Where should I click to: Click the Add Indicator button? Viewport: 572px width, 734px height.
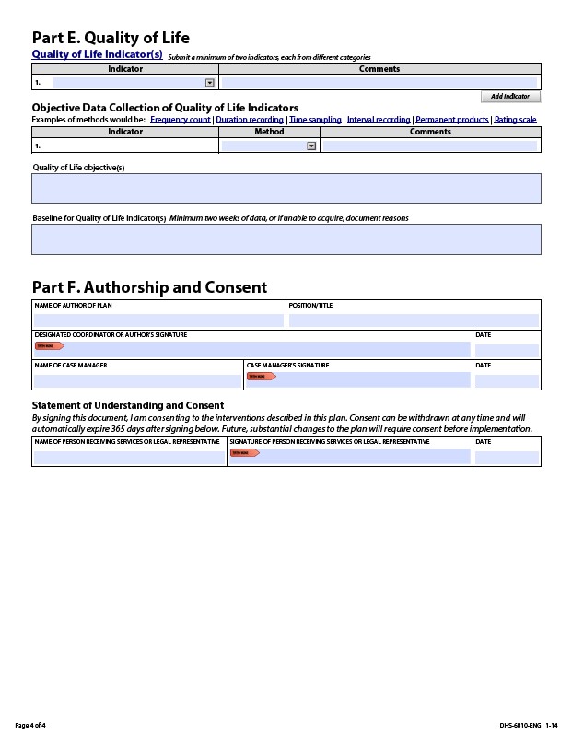(x=510, y=97)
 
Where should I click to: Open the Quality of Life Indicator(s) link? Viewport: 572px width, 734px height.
(x=97, y=54)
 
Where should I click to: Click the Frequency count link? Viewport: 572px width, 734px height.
(x=181, y=120)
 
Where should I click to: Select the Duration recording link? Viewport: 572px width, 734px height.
(x=250, y=120)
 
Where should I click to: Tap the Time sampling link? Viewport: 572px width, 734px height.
(x=315, y=120)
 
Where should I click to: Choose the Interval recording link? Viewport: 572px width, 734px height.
(x=379, y=120)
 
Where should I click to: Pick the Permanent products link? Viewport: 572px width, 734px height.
(x=451, y=120)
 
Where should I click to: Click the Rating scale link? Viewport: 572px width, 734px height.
(x=515, y=120)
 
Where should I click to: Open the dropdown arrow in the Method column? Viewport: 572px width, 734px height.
(x=311, y=146)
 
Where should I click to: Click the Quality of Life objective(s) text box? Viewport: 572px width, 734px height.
(x=286, y=188)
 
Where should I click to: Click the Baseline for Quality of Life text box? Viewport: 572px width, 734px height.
(x=286, y=239)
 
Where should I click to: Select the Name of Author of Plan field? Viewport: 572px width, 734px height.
(x=158, y=320)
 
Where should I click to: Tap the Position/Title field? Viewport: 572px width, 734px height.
(x=414, y=320)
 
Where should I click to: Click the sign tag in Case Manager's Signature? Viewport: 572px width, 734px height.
(x=261, y=377)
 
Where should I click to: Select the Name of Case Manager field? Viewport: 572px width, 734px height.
(x=137, y=380)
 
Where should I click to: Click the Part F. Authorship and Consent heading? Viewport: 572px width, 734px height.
(x=149, y=287)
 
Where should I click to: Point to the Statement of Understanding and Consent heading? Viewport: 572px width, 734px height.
(x=128, y=405)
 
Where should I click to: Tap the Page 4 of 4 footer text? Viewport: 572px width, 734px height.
(x=30, y=725)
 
